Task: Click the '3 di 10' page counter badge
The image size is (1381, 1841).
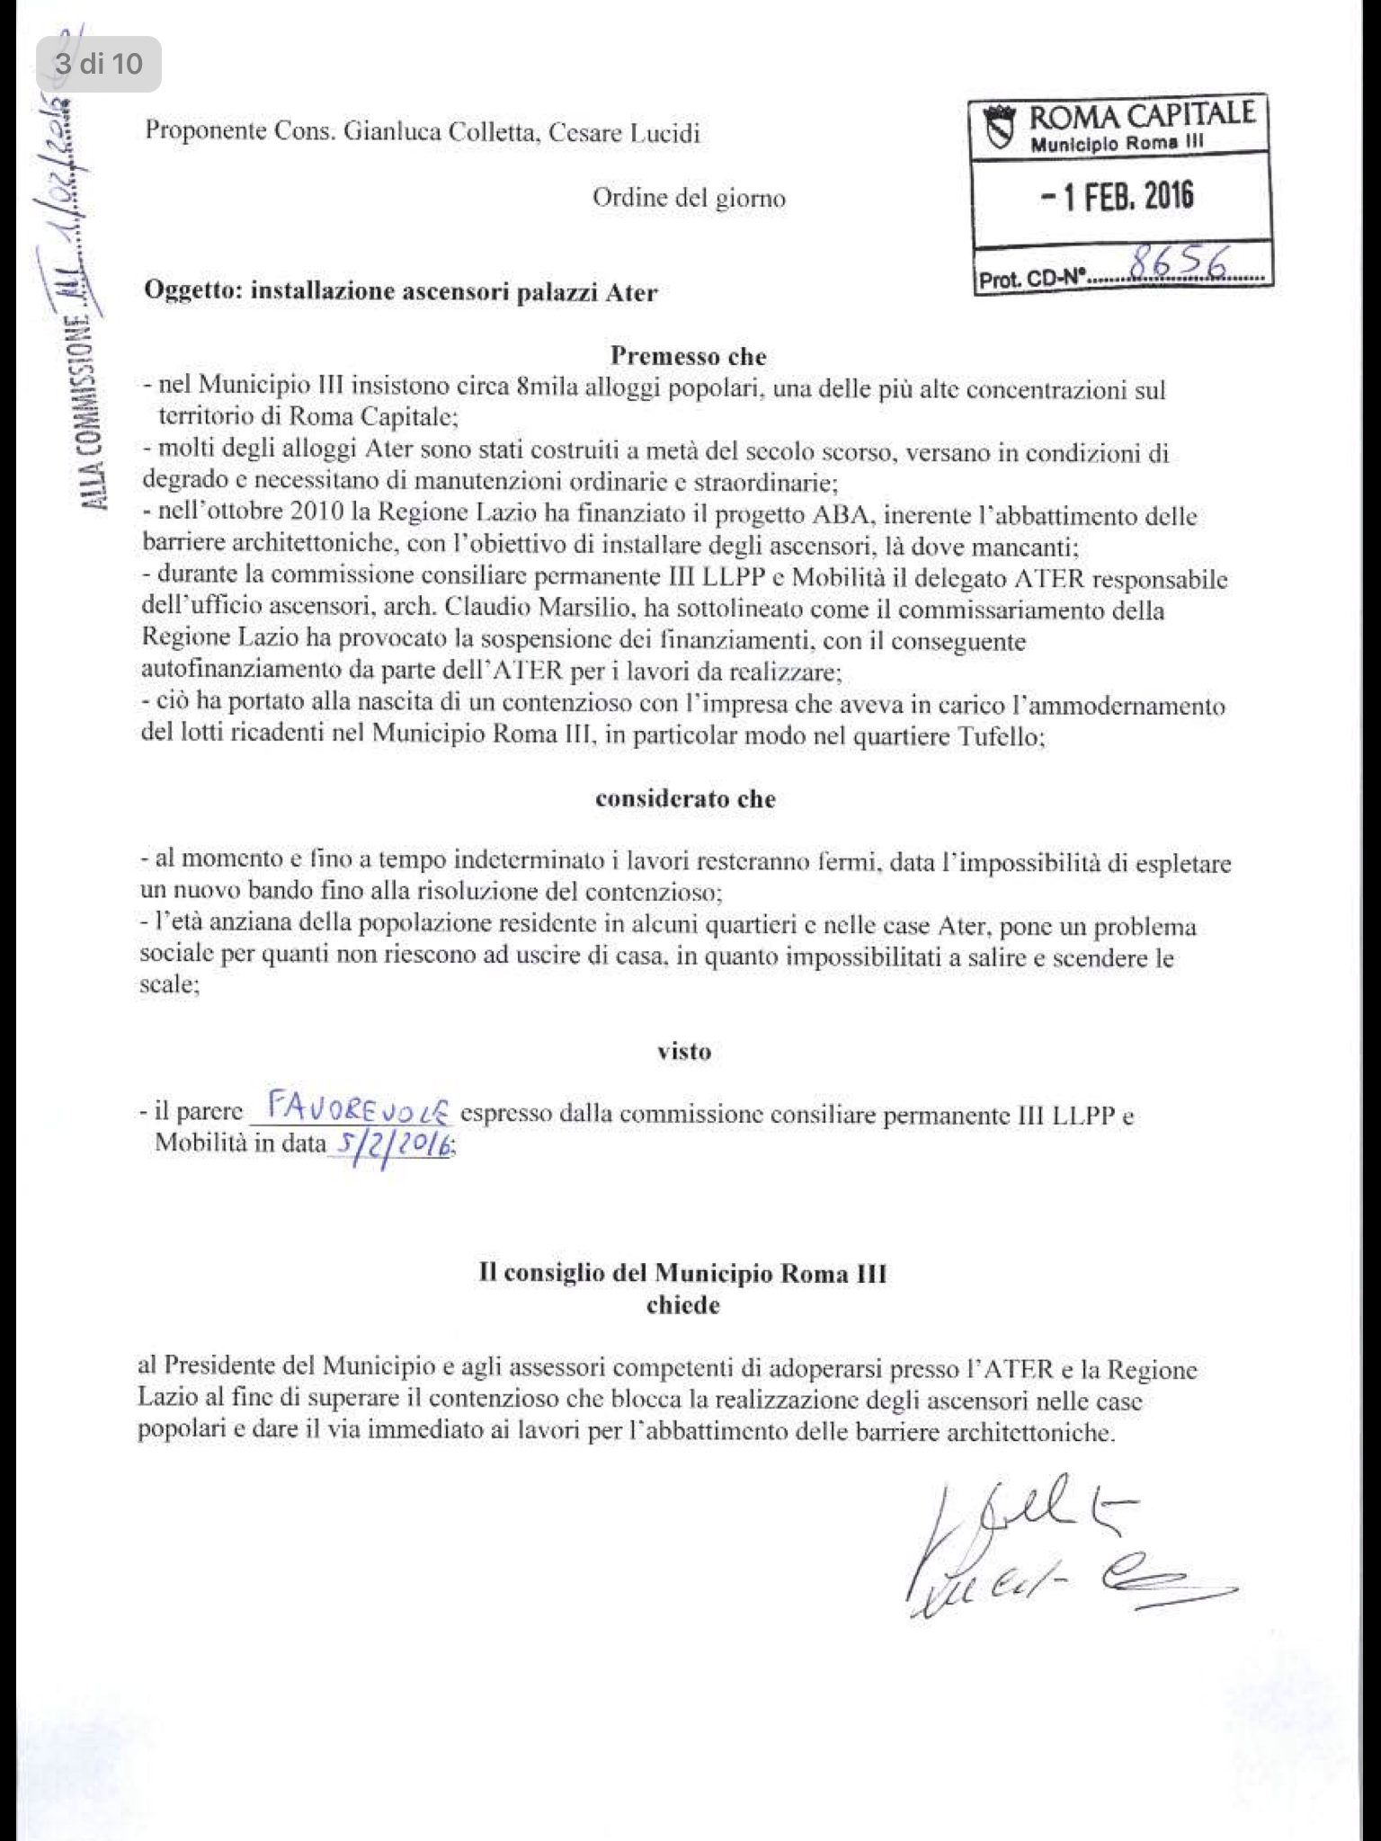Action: point(99,64)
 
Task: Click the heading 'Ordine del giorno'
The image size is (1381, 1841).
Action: point(689,198)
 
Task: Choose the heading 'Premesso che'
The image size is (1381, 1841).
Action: point(689,356)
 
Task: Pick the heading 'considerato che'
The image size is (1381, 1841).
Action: point(685,799)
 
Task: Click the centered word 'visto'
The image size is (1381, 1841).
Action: point(684,1051)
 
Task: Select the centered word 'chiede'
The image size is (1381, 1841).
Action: point(683,1305)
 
